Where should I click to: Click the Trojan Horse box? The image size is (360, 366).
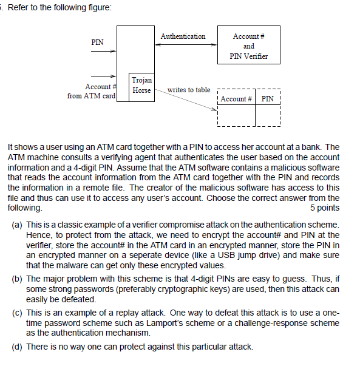[x=141, y=85]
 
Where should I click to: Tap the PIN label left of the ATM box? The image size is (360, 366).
[x=97, y=42]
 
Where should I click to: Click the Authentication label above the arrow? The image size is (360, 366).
[x=183, y=36]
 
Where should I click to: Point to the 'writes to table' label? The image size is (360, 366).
[x=189, y=90]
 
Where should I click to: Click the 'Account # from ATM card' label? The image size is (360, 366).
[x=91, y=92]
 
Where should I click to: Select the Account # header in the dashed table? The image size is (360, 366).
[x=236, y=99]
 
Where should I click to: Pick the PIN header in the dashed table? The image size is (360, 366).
[x=267, y=99]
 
